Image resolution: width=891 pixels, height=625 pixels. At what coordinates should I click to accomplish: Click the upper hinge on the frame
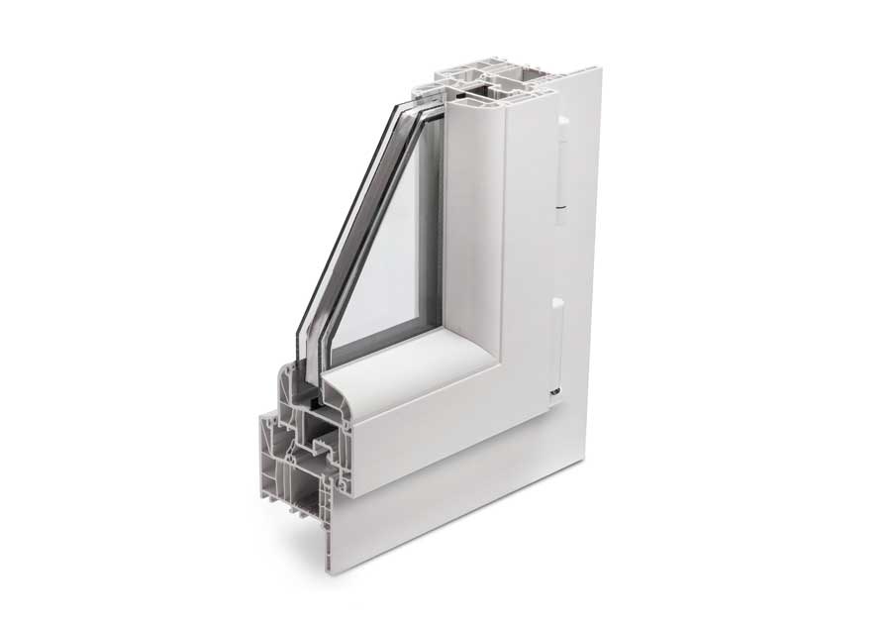[561, 168]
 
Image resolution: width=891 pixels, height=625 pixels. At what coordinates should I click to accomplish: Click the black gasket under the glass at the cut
[311, 403]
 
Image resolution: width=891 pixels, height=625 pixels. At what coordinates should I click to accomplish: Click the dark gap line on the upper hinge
[561, 207]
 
